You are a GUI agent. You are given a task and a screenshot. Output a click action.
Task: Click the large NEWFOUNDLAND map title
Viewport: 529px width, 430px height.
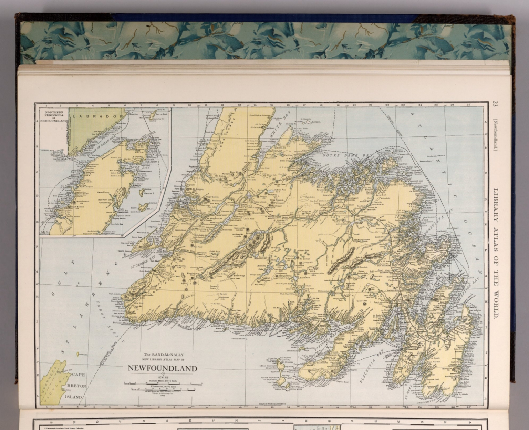tap(163, 368)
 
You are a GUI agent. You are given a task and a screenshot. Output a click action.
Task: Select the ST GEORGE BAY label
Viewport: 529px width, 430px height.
tap(143, 263)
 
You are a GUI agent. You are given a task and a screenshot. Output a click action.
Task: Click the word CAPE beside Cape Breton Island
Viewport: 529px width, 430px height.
tap(78, 375)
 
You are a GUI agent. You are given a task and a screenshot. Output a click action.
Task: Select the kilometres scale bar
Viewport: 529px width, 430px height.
tap(163, 389)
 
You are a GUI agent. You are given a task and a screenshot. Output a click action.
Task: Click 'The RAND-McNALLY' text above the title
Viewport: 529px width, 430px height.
tap(163, 355)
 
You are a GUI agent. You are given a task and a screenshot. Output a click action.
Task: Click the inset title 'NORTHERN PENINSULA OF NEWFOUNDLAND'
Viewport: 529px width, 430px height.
tap(53, 117)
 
